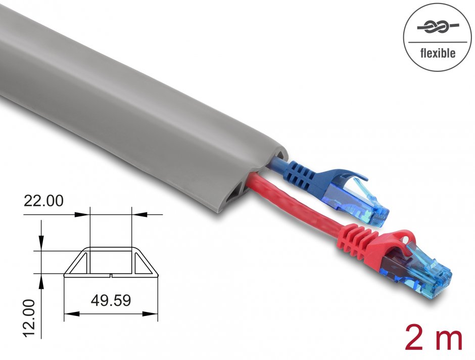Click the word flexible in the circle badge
coord(438,53)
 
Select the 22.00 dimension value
coord(43,201)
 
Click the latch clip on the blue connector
coord(354,174)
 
